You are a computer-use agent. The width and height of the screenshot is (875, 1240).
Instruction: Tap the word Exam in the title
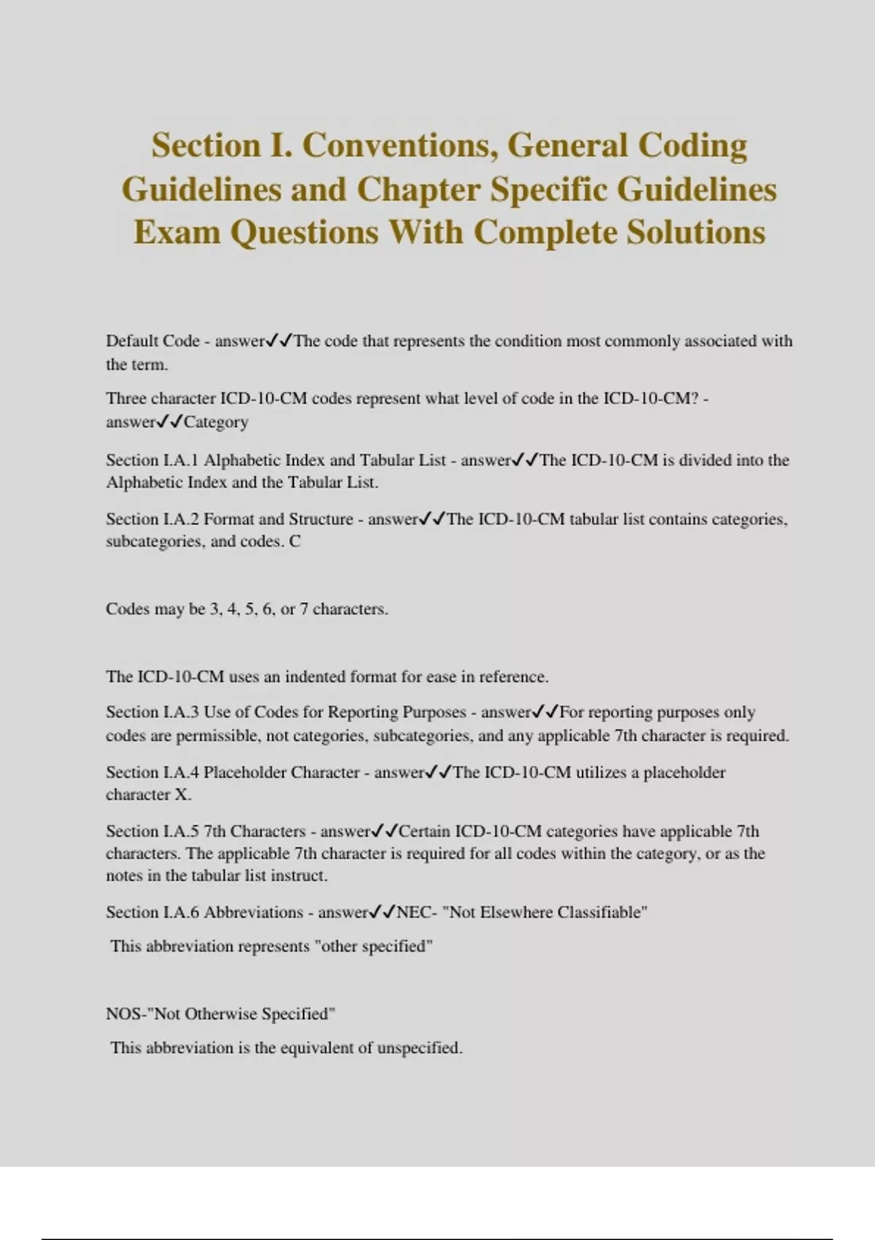[176, 233]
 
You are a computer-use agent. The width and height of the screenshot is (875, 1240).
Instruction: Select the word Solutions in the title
[696, 233]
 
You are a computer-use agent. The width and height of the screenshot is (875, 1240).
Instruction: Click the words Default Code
[152, 341]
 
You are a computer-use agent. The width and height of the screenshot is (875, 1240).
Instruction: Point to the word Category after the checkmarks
[216, 422]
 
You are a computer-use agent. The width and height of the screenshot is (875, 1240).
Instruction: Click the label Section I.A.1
[152, 460]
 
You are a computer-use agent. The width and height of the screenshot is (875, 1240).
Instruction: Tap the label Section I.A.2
[152, 519]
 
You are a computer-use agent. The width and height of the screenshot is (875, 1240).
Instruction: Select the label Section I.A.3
[152, 712]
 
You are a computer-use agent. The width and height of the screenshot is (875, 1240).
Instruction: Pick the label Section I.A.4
[152, 772]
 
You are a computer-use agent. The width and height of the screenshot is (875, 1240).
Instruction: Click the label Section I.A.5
[152, 832]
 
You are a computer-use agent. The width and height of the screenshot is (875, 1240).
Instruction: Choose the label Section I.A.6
[152, 912]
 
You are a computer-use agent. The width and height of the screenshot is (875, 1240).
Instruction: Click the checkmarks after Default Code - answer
[279, 341]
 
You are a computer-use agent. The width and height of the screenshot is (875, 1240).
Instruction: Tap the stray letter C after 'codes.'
[295, 542]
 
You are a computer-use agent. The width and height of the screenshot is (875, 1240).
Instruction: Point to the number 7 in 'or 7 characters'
[303, 610]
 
